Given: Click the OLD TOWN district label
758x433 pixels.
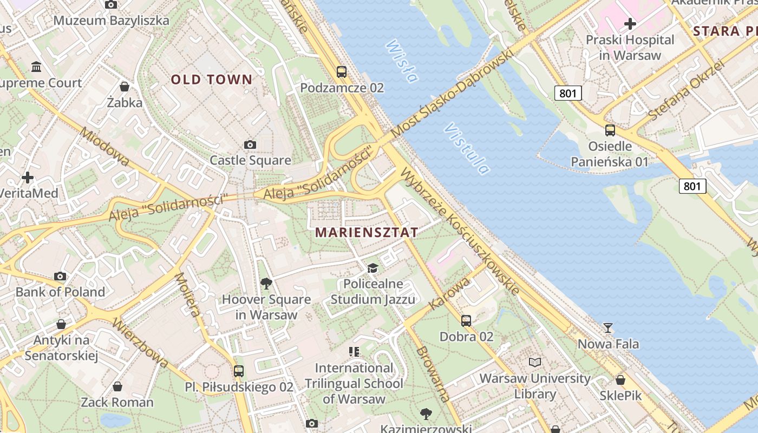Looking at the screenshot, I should (212, 80).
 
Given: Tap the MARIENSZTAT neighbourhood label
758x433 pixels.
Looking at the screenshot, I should (366, 233).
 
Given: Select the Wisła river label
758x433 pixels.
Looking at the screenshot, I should (402, 62).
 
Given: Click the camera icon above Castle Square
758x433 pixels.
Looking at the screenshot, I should (250, 145).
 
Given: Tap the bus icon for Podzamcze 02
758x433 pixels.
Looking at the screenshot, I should (342, 71).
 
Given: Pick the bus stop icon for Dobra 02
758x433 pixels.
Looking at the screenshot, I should (466, 321).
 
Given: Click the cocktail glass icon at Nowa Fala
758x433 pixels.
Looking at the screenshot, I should (608, 328).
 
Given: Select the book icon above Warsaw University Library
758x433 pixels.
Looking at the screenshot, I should (535, 362).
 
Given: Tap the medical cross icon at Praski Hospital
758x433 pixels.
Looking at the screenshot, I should (630, 24).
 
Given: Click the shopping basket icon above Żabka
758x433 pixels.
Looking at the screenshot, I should (125, 87).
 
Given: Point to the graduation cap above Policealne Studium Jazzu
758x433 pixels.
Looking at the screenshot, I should (373, 268).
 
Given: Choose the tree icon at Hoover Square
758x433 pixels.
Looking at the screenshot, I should (266, 283).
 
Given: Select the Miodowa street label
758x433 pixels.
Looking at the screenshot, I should (104, 146).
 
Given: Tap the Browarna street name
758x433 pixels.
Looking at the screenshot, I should (433, 374).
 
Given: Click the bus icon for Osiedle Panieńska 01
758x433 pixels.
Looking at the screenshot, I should (610, 130).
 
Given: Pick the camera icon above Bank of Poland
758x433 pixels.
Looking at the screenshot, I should (60, 277).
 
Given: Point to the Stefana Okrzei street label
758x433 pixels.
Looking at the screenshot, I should (685, 90).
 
